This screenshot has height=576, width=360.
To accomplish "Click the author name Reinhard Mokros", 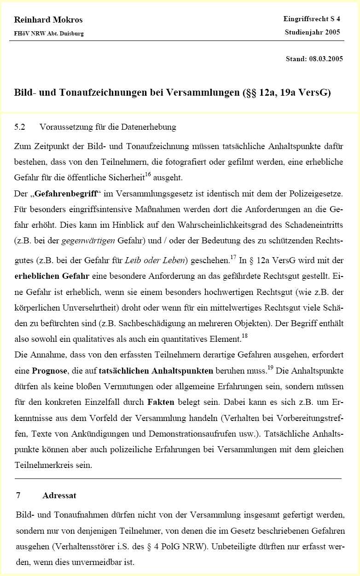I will [48, 20].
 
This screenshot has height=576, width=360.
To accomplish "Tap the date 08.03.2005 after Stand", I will [325, 59].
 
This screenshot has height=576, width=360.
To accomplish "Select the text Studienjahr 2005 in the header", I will [312, 32].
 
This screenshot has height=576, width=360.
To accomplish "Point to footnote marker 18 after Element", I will [244, 336].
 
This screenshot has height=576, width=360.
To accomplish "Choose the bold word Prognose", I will [49, 370].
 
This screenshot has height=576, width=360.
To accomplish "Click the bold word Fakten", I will [161, 402].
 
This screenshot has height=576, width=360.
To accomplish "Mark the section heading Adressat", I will [59, 495].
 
